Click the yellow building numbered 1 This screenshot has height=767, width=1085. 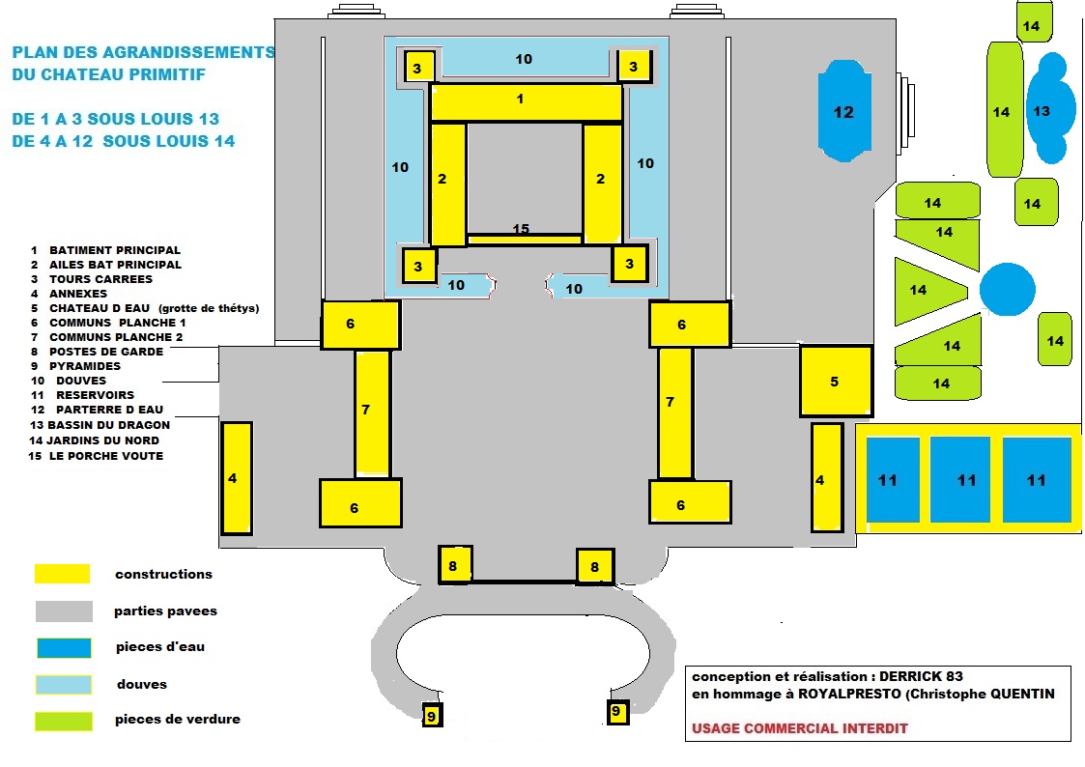coord(526,102)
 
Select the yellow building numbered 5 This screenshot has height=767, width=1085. coord(836,381)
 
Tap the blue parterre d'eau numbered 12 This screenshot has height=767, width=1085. coord(844,111)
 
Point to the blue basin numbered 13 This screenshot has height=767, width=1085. coord(1050,109)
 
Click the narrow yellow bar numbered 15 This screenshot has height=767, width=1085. coord(525,240)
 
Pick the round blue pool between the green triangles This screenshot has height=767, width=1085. coord(1008,291)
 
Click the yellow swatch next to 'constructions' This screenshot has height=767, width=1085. coord(62,574)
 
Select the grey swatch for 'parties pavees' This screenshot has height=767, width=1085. coord(64,611)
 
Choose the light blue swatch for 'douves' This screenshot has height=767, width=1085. coord(64,685)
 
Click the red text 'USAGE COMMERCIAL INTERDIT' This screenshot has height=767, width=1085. coord(800,728)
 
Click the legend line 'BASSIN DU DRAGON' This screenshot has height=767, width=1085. coord(108,425)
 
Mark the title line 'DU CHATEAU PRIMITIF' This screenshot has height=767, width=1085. coord(108,74)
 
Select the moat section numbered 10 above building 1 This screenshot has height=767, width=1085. coord(525,60)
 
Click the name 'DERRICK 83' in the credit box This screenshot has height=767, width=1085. coord(921,676)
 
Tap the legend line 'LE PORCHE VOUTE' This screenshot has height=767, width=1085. coord(106,456)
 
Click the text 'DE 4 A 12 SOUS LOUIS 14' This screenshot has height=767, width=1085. coord(123,141)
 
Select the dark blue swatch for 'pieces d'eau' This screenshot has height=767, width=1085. coord(64,648)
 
